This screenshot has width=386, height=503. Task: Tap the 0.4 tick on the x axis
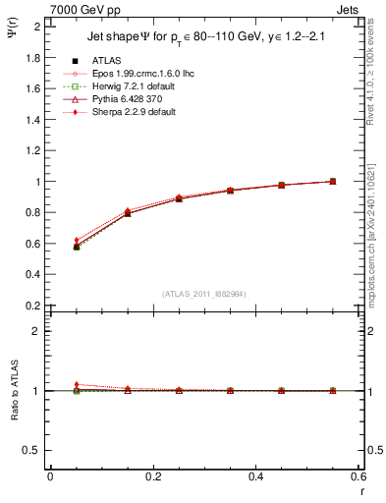coord(256,477)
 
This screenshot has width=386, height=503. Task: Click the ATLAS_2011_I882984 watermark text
coord(203,293)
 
